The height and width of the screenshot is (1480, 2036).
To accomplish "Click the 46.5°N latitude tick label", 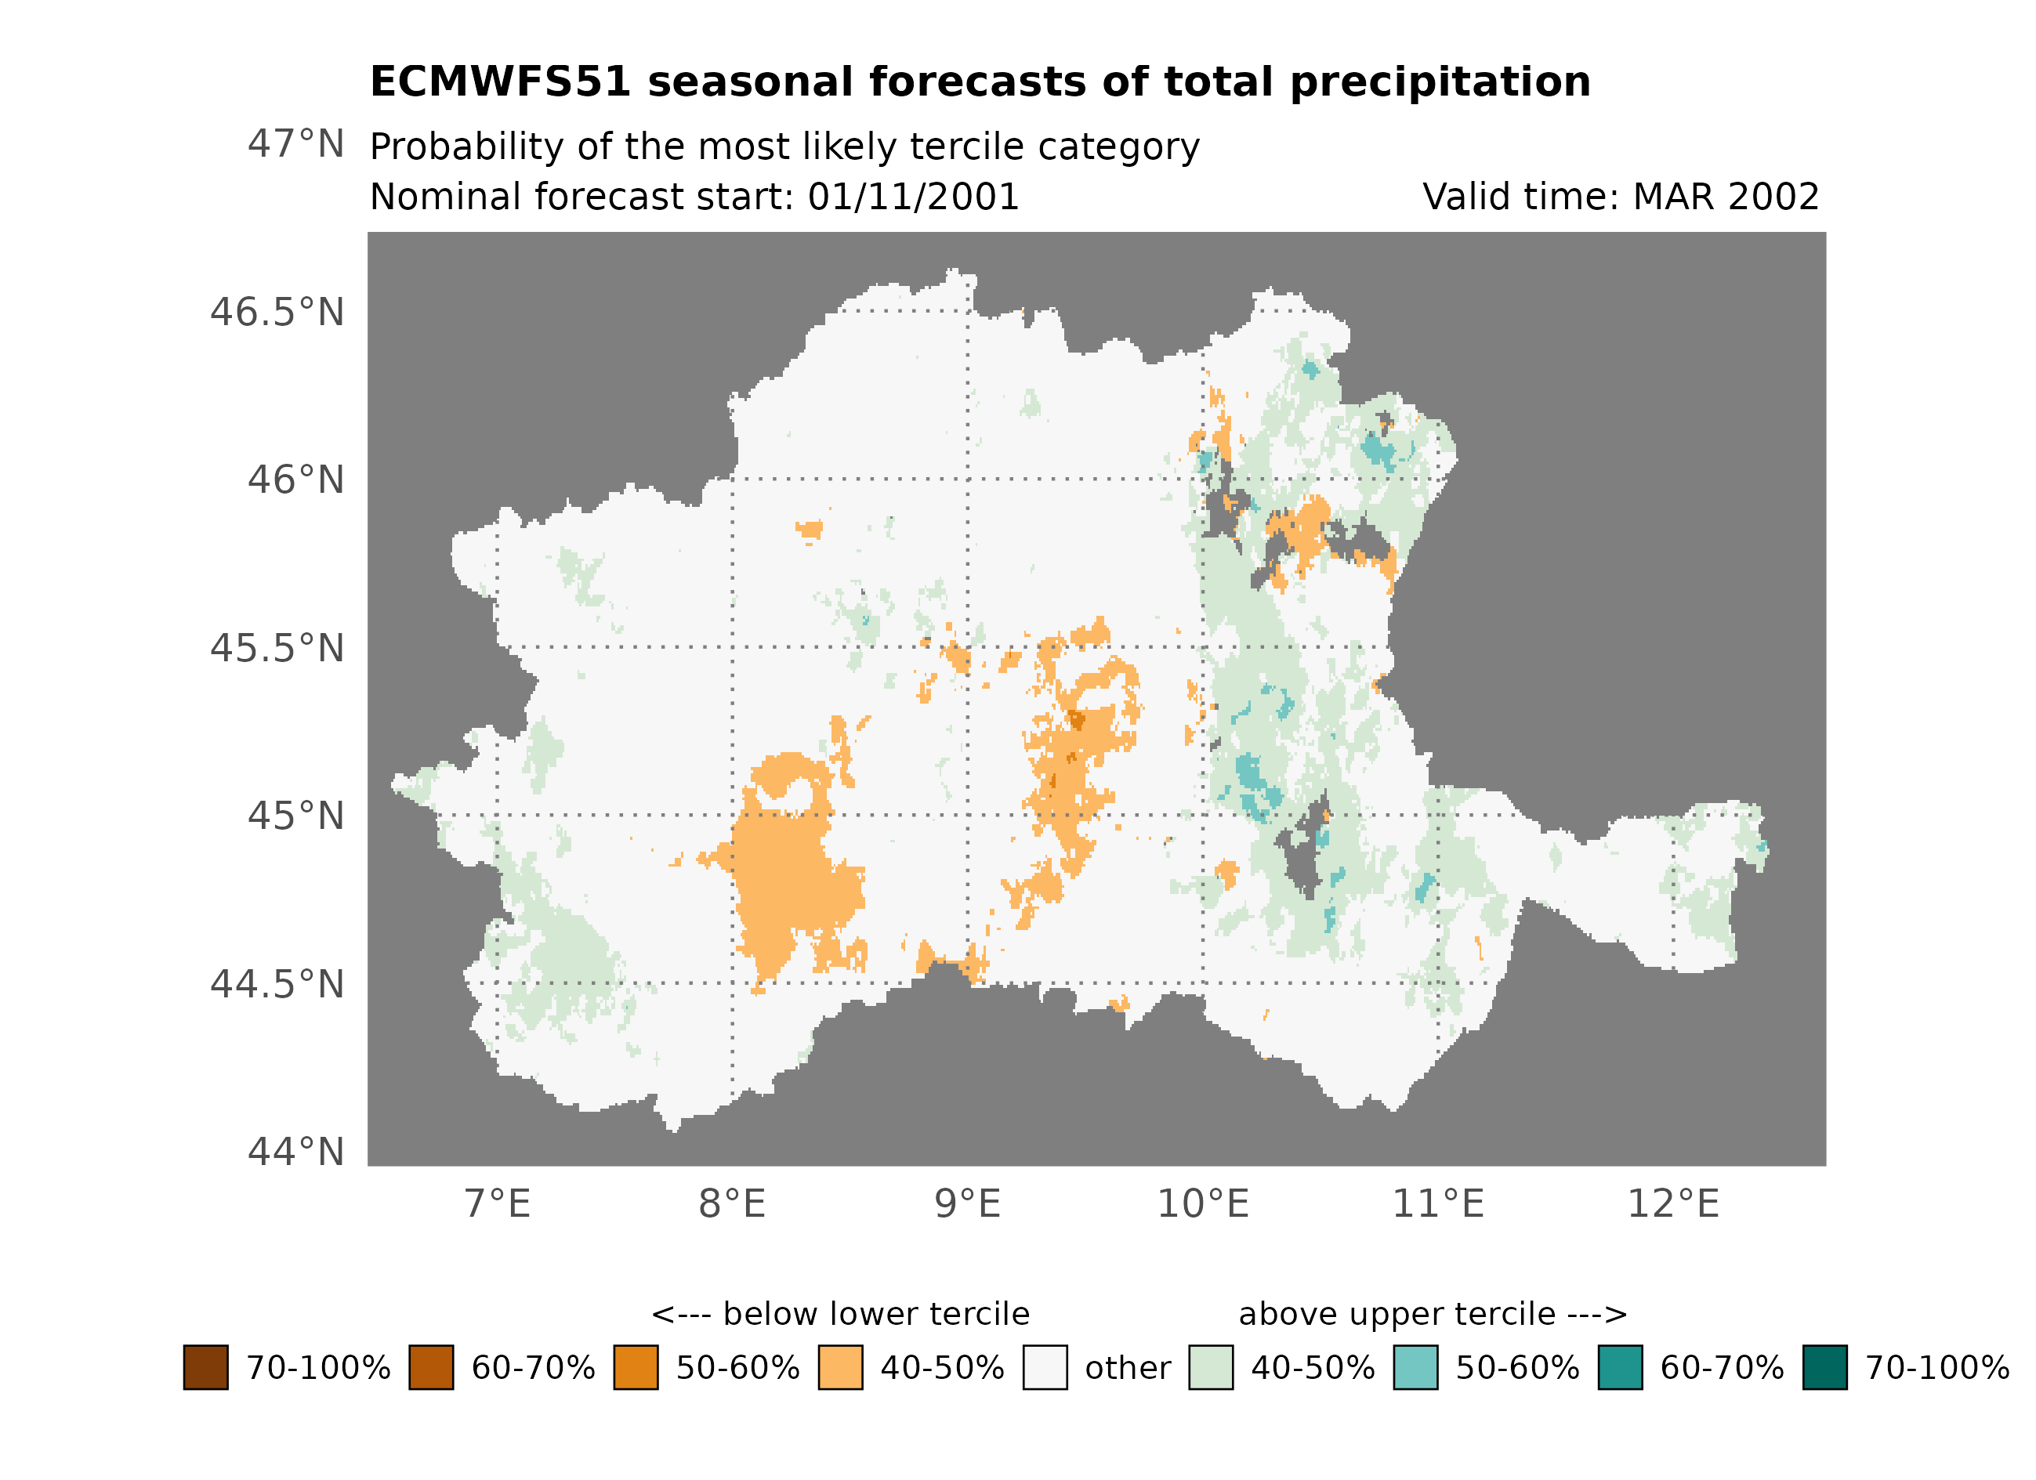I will pyautogui.click(x=277, y=313).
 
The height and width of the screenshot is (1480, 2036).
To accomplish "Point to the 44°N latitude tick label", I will pyautogui.click(x=295, y=1152).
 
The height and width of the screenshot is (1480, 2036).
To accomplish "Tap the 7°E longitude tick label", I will pyautogui.click(x=498, y=1203).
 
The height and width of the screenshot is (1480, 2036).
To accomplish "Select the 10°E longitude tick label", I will pyautogui.click(x=1202, y=1203).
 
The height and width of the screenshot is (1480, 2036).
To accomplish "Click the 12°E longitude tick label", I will pyautogui.click(x=1672, y=1203).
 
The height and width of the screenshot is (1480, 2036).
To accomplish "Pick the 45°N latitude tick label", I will pyautogui.click(x=295, y=816).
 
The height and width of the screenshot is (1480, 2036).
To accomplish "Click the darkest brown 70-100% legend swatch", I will pyautogui.click(x=205, y=1367).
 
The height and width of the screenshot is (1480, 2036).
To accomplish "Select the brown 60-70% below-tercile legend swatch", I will pyautogui.click(x=431, y=1367).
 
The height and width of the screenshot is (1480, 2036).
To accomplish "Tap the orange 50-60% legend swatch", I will pyautogui.click(x=636, y=1367).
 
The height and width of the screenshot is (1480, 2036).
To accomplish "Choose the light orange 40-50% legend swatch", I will pyautogui.click(x=840, y=1367).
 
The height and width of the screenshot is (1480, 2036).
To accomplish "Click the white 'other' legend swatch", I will pyautogui.click(x=1045, y=1367).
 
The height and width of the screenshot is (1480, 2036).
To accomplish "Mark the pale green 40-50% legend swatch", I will pyautogui.click(x=1210, y=1367).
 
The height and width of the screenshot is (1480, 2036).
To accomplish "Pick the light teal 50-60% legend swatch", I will pyautogui.click(x=1415, y=1367).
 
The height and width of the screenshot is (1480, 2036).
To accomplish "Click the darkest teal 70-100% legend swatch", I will pyautogui.click(x=1824, y=1367).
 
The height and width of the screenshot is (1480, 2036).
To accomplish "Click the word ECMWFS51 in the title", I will pyautogui.click(x=500, y=81).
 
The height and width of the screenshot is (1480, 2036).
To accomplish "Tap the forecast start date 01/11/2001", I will pyautogui.click(x=913, y=197).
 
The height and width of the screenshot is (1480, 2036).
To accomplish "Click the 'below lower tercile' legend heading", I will pyautogui.click(x=875, y=1314).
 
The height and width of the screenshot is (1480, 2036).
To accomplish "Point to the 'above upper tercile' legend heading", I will pyautogui.click(x=1397, y=1314).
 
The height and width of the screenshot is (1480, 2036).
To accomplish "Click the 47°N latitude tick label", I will pyautogui.click(x=295, y=143).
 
